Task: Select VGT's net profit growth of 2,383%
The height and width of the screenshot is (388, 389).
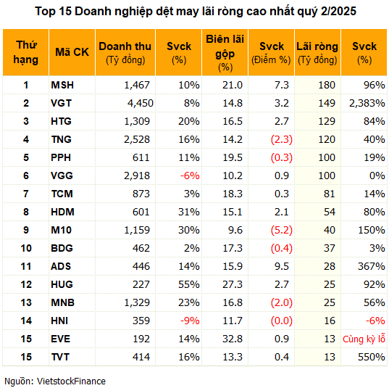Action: click(x=367, y=103)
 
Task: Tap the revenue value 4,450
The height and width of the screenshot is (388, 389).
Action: click(x=141, y=103)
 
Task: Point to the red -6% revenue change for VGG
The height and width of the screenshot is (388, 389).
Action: click(x=190, y=176)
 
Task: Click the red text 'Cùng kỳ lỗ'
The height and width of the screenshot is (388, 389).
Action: click(x=364, y=339)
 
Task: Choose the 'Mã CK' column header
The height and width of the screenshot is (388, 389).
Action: click(x=72, y=52)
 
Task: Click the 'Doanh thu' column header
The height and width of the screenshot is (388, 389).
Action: click(x=125, y=53)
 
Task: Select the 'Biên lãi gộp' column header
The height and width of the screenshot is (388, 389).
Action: click(x=225, y=53)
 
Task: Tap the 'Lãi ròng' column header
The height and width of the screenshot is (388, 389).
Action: click(x=317, y=53)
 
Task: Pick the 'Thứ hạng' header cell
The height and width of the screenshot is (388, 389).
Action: click(x=26, y=52)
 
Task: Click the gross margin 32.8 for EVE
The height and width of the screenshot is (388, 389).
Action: click(x=233, y=339)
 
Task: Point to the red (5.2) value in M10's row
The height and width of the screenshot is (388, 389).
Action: click(x=282, y=230)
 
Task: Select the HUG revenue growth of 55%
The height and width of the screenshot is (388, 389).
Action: click(x=189, y=284)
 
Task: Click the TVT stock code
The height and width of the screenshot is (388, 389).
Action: click(x=60, y=357)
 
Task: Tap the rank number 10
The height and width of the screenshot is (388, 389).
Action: click(x=26, y=248)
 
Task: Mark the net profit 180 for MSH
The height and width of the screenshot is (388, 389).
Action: click(x=327, y=85)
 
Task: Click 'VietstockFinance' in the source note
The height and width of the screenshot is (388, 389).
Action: click(x=71, y=381)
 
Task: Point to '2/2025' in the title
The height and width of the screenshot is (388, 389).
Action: click(x=338, y=11)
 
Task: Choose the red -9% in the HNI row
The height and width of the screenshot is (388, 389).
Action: click(x=190, y=321)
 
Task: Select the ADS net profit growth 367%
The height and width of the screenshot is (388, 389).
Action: click(x=372, y=266)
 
